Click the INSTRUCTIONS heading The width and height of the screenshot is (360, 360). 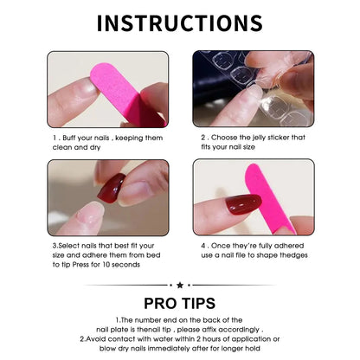[180, 22]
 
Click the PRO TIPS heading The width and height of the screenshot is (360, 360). [180, 304]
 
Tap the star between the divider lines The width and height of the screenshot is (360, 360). [180, 285]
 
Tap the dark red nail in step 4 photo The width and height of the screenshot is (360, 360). [243, 204]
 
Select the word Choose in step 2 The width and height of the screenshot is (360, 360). [228, 136]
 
